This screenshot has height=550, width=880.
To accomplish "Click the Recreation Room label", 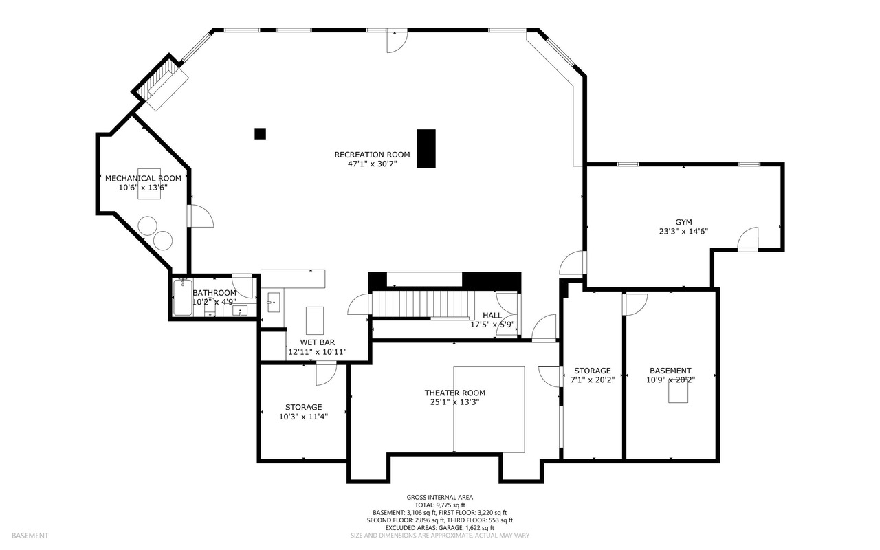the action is click(x=372, y=155).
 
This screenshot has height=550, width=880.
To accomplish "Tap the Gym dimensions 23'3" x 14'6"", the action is click(x=683, y=232).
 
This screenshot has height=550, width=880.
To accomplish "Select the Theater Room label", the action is click(x=455, y=393).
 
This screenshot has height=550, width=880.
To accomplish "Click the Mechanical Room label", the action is click(x=144, y=178).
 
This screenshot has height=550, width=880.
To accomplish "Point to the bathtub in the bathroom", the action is click(x=183, y=297).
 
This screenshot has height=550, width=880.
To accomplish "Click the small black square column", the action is click(x=260, y=133).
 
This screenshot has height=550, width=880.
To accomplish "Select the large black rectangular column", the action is click(x=426, y=148).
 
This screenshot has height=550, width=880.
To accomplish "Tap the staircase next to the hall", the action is click(x=421, y=304).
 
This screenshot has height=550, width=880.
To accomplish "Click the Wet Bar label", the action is click(x=318, y=342).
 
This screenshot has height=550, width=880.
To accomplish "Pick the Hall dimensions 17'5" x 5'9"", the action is click(x=493, y=324).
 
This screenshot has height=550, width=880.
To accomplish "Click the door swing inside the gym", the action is click(x=747, y=239).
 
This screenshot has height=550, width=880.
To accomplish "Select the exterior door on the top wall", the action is click(x=397, y=41).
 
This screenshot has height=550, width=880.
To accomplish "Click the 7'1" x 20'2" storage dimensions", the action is click(x=593, y=380).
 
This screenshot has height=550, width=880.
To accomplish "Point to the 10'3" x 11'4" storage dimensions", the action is click(x=304, y=417).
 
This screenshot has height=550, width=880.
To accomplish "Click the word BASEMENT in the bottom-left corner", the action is click(x=30, y=536).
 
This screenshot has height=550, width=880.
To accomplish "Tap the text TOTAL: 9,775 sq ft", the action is click(x=440, y=505).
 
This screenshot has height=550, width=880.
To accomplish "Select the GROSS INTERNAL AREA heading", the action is click(x=440, y=498).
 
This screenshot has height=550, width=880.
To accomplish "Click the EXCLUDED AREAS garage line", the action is click(x=440, y=528).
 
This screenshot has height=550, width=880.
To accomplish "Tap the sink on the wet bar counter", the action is click(x=274, y=302).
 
